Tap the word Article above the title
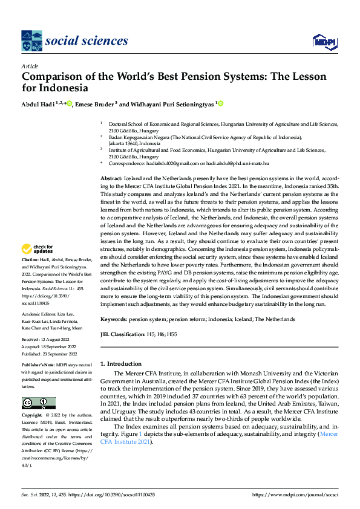[30, 66]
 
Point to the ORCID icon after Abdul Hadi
[70, 103]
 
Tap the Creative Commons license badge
[38, 403]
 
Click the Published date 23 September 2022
[49, 354]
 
